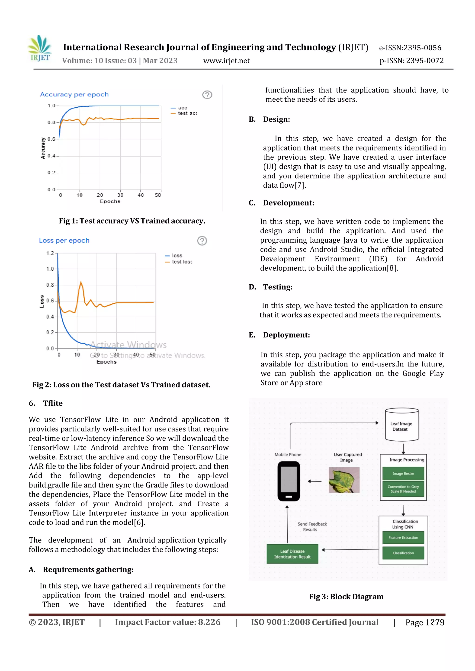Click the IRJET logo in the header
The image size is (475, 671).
(40, 49)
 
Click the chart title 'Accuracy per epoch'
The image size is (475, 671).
(74, 94)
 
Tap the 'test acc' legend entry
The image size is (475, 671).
(187, 113)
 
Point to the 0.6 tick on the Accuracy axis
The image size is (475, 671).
(51, 139)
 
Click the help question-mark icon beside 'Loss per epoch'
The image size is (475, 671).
(202, 241)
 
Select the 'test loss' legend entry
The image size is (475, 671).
(182, 262)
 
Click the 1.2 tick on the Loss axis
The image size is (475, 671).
(50, 253)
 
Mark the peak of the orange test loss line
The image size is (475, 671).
(81, 282)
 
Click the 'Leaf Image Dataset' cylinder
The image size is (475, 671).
(402, 426)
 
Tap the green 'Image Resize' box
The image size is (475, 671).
(403, 474)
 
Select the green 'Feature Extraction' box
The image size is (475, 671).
(403, 538)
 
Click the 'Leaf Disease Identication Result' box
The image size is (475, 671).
(292, 554)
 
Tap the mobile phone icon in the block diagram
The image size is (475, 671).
(289, 481)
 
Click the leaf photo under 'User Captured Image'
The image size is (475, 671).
(344, 480)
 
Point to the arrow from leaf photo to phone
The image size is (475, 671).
(315, 481)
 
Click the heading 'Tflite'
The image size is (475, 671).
(53, 403)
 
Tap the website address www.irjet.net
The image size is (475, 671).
(226, 61)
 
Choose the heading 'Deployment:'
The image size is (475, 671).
(286, 335)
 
